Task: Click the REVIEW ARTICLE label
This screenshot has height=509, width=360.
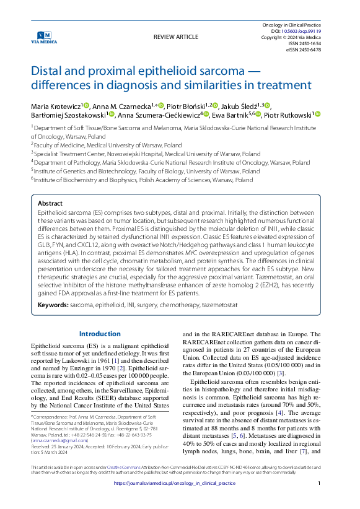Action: pyautogui.click(x=176, y=37)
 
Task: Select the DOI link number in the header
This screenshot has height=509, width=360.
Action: pyautogui.click(x=308, y=30)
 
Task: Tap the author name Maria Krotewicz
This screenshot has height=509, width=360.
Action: pyautogui.click(x=55, y=105)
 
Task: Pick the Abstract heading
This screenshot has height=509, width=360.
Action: pyautogui.click(x=50, y=202)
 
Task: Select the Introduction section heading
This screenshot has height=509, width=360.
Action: pyautogui.click(x=100, y=334)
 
